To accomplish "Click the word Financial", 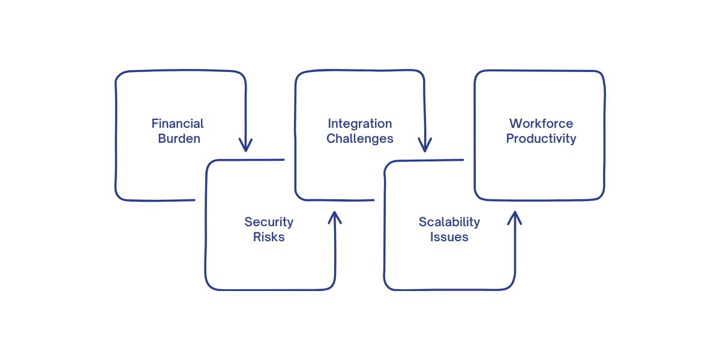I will (x=178, y=124).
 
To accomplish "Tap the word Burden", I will (x=179, y=139).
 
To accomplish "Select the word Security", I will (x=269, y=222).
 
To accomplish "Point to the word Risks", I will (x=269, y=237).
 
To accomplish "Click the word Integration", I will (x=360, y=124).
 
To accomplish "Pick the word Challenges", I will (x=360, y=139).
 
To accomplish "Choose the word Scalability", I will (x=449, y=222).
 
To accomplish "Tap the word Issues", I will (x=449, y=237).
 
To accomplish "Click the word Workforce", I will (x=541, y=124).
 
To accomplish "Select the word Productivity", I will (x=541, y=139).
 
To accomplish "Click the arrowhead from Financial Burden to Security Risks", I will (x=245, y=146).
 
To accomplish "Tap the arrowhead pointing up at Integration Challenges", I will (x=335, y=217).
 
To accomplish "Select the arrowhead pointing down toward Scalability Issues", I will (x=425, y=146).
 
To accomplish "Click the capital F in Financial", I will (x=155, y=124).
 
